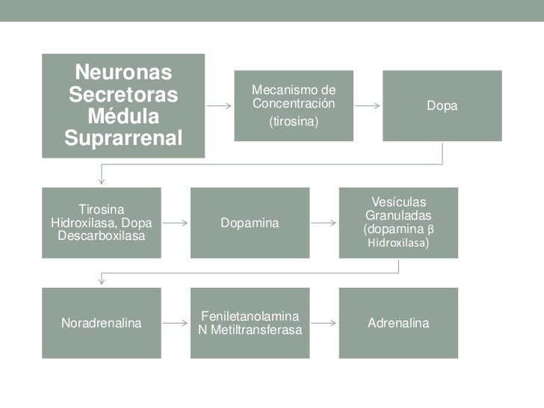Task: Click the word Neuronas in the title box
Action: [x=123, y=73]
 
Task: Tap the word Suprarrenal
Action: [x=123, y=138]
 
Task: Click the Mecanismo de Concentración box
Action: [x=294, y=105]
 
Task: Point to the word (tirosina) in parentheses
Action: [x=294, y=120]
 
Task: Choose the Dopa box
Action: [x=442, y=106]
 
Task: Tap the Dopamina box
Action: [x=250, y=223]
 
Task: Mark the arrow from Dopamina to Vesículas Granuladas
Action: [x=324, y=223]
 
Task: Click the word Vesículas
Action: [x=398, y=202]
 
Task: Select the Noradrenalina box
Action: [x=101, y=324]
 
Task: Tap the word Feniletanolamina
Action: [x=250, y=317]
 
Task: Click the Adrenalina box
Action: [x=398, y=324]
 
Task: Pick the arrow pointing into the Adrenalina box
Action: [x=324, y=324]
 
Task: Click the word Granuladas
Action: [x=398, y=215]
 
